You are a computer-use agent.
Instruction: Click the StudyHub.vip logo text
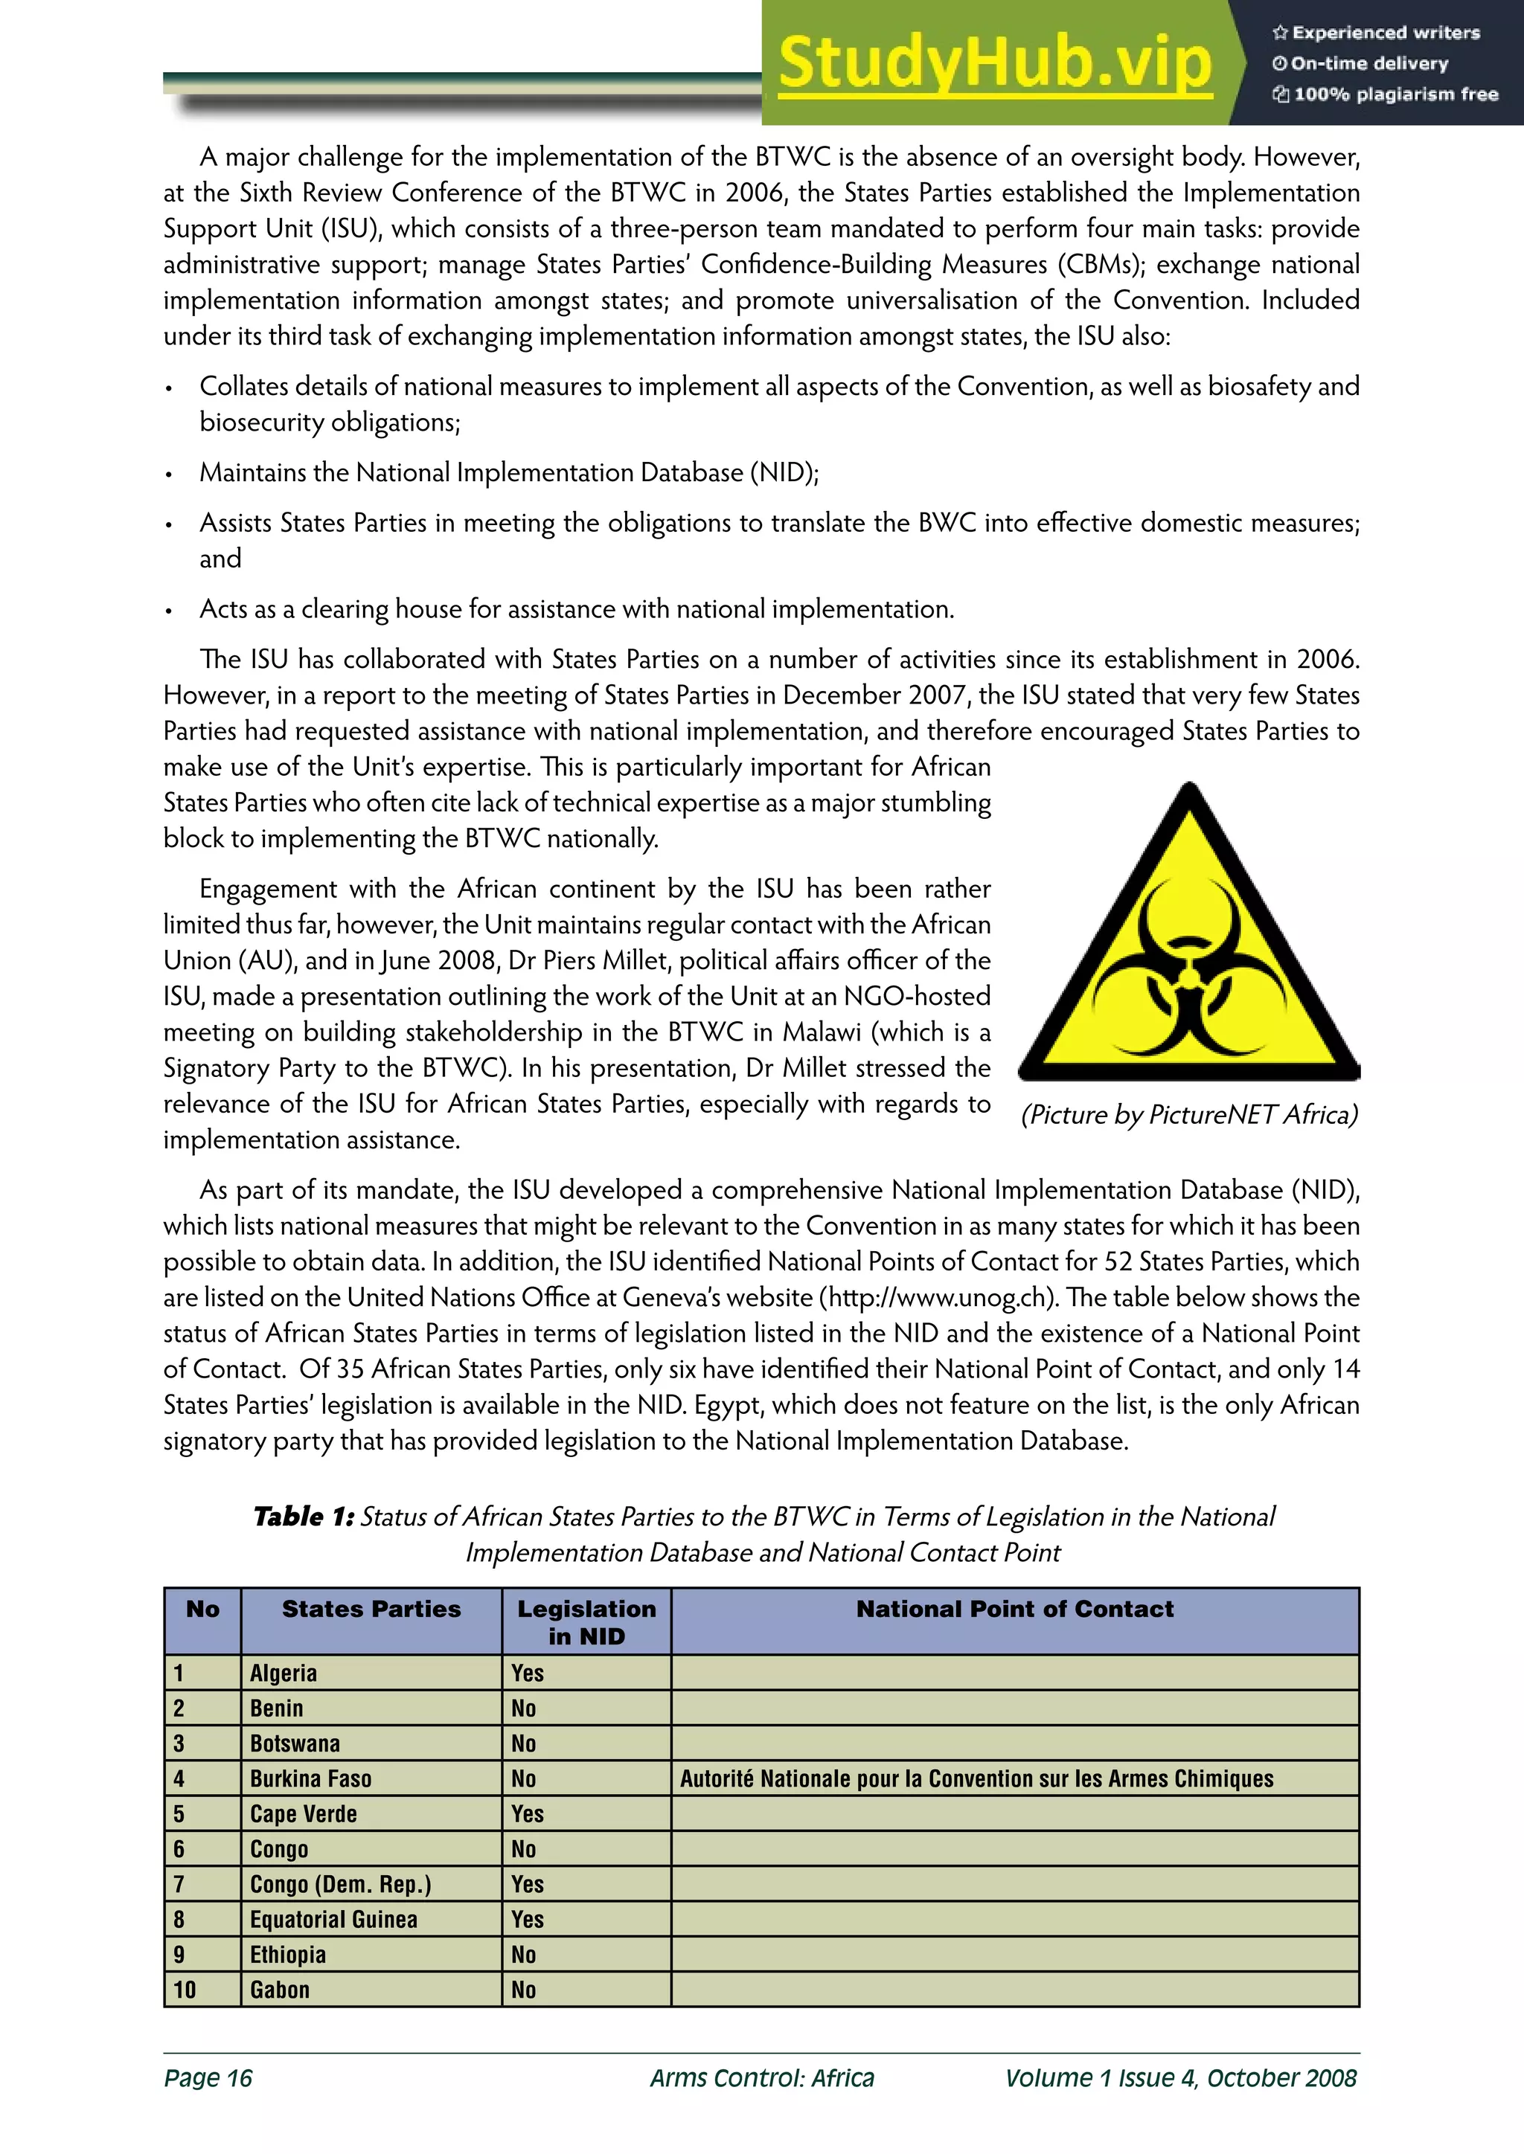(x=995, y=63)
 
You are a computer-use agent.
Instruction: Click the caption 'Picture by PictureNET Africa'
(x=1189, y=1113)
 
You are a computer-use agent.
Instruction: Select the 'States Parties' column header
(x=371, y=1609)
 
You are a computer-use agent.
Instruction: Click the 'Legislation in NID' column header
(x=586, y=1622)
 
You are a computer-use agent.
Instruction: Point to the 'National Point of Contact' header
(x=1014, y=1609)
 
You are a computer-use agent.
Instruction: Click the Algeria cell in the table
(x=284, y=1674)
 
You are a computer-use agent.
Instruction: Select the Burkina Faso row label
(x=310, y=1778)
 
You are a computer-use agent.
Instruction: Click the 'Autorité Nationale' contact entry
(x=977, y=1778)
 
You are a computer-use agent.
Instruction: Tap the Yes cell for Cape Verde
(x=528, y=1814)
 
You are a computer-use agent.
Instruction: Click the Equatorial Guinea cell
(x=333, y=1920)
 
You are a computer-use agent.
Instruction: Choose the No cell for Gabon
(x=524, y=1990)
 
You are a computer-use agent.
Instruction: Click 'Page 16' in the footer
(x=208, y=2078)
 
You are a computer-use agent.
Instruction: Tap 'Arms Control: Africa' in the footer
(x=762, y=2078)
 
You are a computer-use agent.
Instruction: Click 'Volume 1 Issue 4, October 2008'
(x=1180, y=2078)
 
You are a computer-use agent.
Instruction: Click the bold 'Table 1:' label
(x=303, y=1517)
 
